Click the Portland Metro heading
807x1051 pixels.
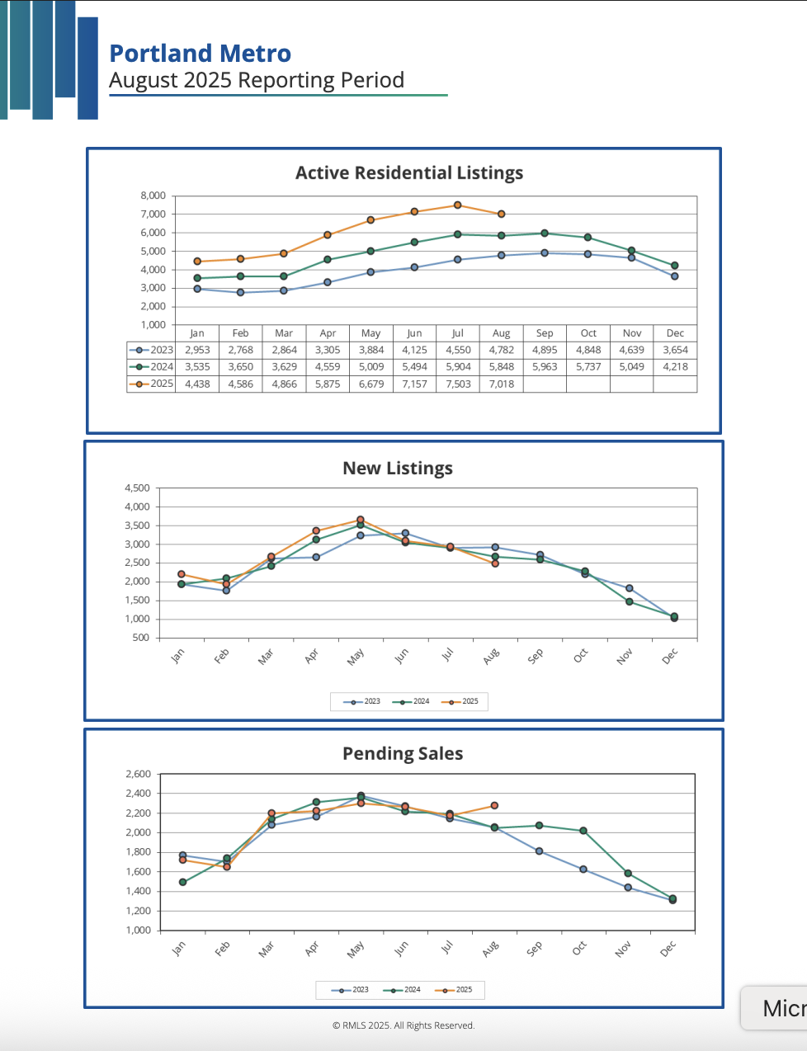click(x=201, y=54)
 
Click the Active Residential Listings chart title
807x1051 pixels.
click(x=409, y=173)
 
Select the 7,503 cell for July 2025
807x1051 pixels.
click(x=458, y=384)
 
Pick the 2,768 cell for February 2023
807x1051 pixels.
click(x=241, y=350)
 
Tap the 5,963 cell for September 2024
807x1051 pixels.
click(x=545, y=367)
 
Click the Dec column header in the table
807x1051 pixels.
click(x=675, y=333)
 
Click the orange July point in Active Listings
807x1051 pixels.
click(x=458, y=205)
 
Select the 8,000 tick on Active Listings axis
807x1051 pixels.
click(x=153, y=196)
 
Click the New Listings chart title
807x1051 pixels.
click(x=398, y=469)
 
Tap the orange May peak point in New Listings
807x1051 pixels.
click(x=361, y=520)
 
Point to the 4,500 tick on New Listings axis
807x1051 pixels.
click(x=137, y=488)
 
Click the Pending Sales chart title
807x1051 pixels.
click(x=403, y=754)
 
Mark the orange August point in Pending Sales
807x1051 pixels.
click(x=494, y=805)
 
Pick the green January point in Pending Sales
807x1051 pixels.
click(x=182, y=882)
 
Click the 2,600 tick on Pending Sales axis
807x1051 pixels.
click(x=138, y=775)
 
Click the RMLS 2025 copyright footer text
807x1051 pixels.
click(x=403, y=1025)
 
